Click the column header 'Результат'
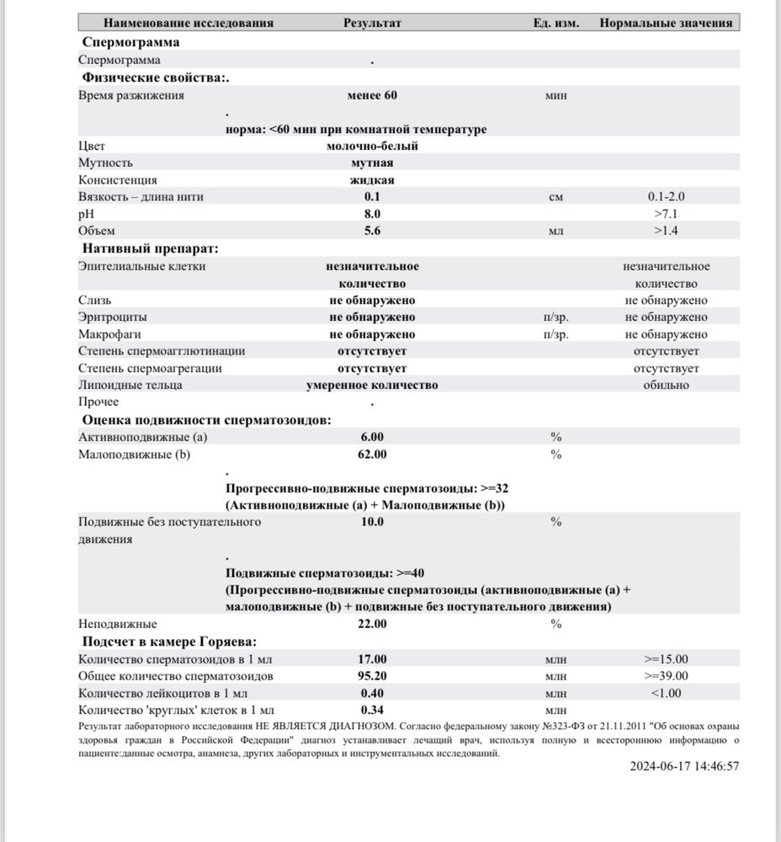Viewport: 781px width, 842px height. coord(372,23)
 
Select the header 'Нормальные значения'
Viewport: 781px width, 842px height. coord(666,23)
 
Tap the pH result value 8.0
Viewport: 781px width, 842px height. coord(372,214)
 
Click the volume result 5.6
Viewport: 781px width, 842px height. coord(372,231)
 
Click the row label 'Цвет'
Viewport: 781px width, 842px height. coord(92,146)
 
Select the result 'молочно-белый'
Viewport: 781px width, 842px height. coord(372,146)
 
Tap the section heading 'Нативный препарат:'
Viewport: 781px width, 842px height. coord(150,248)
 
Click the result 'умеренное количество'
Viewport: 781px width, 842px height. coord(372,385)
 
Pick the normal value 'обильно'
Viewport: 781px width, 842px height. coord(666,385)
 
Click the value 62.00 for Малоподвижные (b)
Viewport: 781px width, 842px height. coord(372,455)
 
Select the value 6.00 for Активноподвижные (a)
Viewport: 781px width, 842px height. coord(372,437)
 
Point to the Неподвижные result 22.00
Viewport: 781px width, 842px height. coord(372,624)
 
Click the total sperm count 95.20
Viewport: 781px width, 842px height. coord(372,675)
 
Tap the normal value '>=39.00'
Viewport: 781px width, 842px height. coord(666,675)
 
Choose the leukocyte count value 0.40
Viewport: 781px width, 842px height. coord(372,693)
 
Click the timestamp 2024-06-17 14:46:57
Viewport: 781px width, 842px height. coord(684,767)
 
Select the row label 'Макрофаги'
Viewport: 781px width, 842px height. coord(106,334)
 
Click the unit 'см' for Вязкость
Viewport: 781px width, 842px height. coord(555,197)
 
